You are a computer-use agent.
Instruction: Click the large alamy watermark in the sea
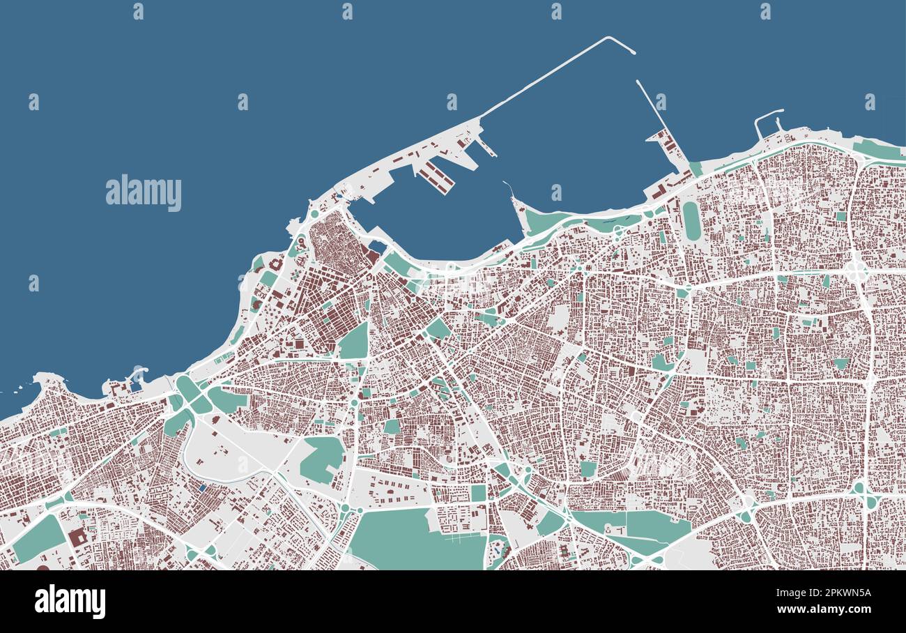tap(144, 193)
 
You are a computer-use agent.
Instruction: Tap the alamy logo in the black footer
tap(70, 601)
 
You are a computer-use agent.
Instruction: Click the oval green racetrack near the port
tap(690, 220)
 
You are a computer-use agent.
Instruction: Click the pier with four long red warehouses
tap(436, 177)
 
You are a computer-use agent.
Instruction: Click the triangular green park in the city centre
tap(355, 342)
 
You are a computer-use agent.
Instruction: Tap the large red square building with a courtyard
tap(77, 537)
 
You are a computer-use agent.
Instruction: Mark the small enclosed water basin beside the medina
tap(377, 246)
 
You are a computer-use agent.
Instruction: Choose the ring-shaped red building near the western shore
tap(277, 264)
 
